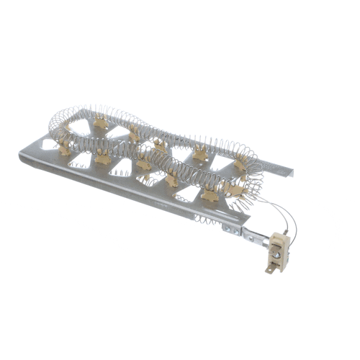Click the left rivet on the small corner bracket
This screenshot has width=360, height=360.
[227, 230]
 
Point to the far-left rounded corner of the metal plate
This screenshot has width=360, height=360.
[22, 154]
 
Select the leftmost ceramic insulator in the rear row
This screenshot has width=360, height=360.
[68, 130]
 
